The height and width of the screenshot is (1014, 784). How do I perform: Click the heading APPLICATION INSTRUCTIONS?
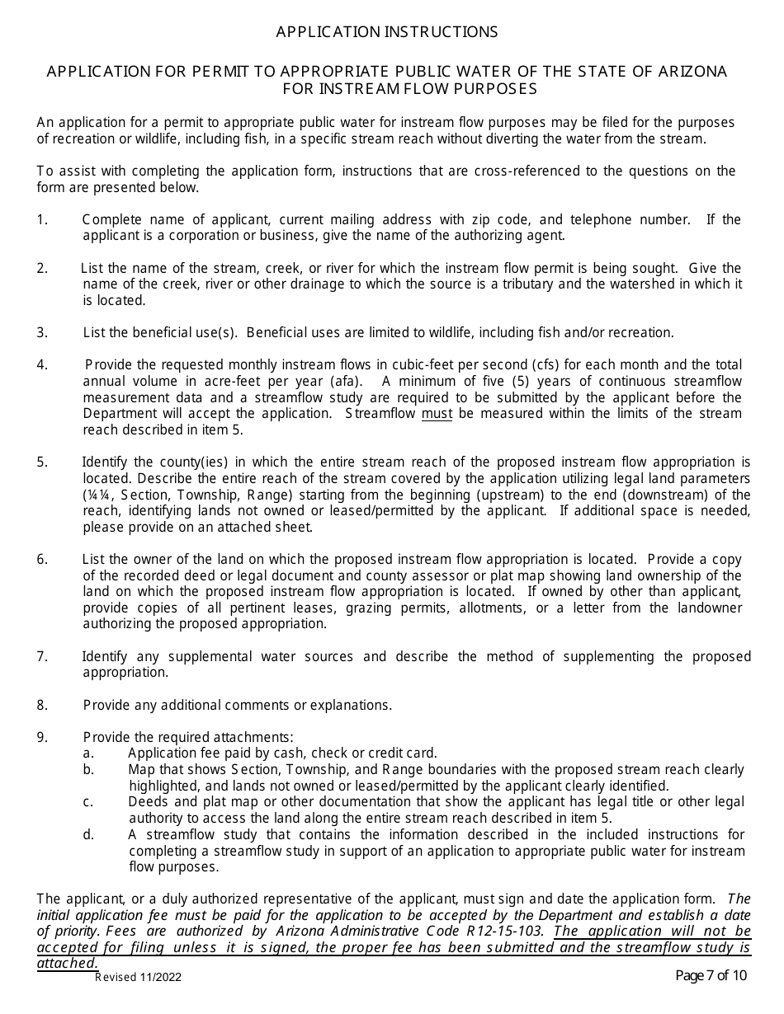pyautogui.click(x=386, y=32)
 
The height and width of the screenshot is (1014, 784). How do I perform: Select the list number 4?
pyautogui.click(x=42, y=365)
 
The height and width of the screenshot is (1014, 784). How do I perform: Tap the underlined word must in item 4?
pyautogui.click(x=437, y=414)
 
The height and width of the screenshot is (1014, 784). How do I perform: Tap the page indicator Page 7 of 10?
pyautogui.click(x=711, y=976)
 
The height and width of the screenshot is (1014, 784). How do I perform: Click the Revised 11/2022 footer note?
pyautogui.click(x=138, y=978)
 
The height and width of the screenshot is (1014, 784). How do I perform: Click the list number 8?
pyautogui.click(x=42, y=706)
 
